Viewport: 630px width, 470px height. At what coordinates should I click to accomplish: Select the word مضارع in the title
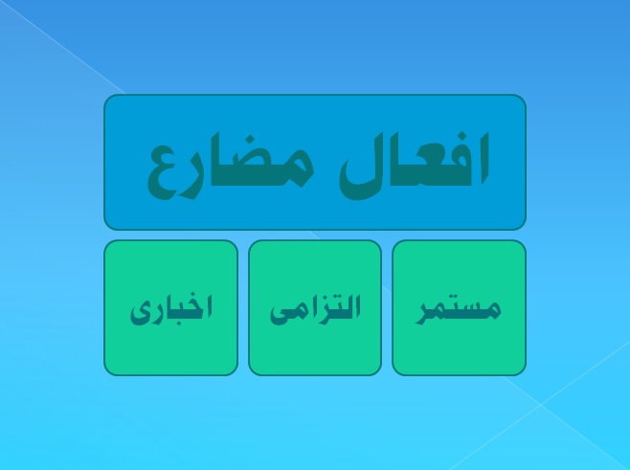(x=230, y=168)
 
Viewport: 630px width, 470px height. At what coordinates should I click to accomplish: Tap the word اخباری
(x=171, y=310)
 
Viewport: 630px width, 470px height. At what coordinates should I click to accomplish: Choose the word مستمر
(x=459, y=311)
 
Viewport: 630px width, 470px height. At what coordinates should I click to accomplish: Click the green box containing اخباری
(x=171, y=307)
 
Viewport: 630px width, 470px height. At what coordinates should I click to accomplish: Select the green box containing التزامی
(x=315, y=307)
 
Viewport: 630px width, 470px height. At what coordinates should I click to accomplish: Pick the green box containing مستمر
(x=459, y=307)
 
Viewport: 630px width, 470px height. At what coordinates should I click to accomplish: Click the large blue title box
(x=315, y=163)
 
